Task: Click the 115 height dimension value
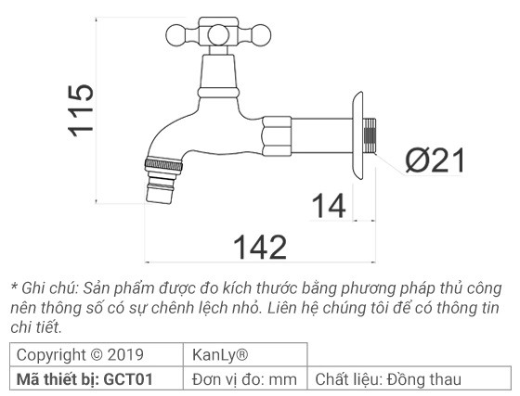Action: coord(82,109)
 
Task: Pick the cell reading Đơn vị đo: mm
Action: coord(244,378)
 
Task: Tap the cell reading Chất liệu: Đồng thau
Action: coord(387,378)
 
